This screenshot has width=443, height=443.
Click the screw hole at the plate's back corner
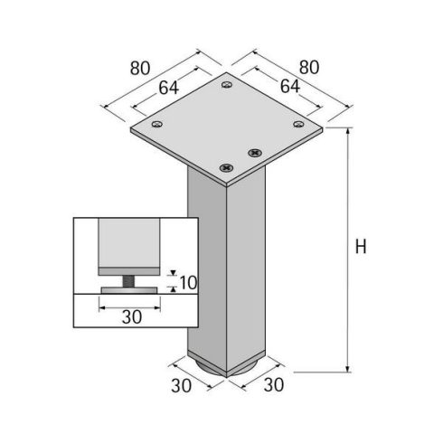225,86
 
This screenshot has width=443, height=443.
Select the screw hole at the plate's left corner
157,125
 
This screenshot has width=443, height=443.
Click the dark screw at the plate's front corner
226,167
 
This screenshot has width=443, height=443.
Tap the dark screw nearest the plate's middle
254,150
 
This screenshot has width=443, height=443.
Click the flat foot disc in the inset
130,289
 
